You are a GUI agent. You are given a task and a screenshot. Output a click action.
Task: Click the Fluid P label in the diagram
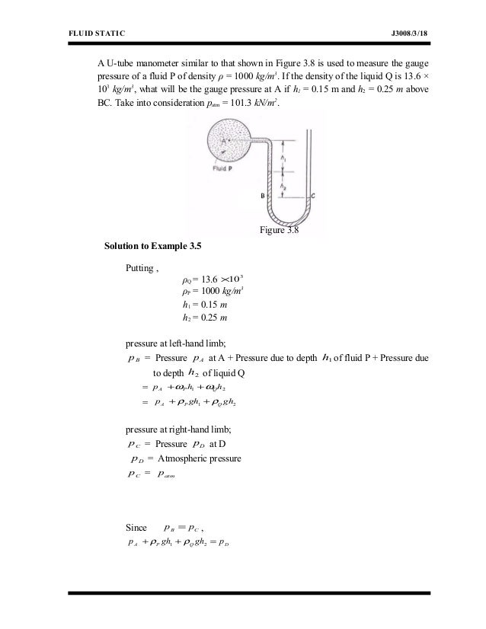(x=222, y=168)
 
